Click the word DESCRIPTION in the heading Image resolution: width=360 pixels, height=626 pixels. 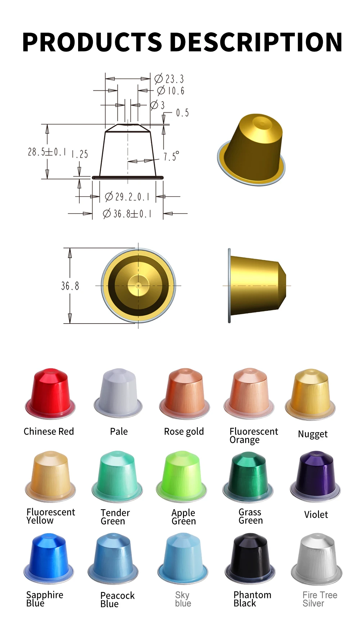tap(256, 42)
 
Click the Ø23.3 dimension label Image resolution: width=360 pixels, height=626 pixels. tap(170, 79)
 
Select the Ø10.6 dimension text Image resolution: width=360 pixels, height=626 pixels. tap(171, 91)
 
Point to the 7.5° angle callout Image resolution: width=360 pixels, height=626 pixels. tap(171, 157)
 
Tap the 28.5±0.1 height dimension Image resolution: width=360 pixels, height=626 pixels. tap(47, 152)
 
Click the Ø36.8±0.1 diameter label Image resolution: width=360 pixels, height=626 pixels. tap(127, 214)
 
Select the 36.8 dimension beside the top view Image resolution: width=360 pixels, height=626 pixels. tap(70, 286)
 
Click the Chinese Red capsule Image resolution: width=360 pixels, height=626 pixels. tap(50, 394)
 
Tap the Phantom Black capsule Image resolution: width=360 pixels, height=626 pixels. tap(250, 558)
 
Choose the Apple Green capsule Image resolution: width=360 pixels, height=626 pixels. tap(182, 476)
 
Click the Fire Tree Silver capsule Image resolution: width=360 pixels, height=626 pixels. tap(316, 559)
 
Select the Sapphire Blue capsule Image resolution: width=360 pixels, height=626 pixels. tap(49, 558)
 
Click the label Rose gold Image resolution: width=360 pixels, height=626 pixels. tap(184, 432)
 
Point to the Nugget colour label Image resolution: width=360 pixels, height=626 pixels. tap(312, 434)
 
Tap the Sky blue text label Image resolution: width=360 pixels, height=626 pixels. tap(183, 599)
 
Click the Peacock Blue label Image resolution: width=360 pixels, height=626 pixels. tap(117, 599)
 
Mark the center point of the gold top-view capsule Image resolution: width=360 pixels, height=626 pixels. tap(138, 286)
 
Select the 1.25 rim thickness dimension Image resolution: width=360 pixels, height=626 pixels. tap(80, 154)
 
